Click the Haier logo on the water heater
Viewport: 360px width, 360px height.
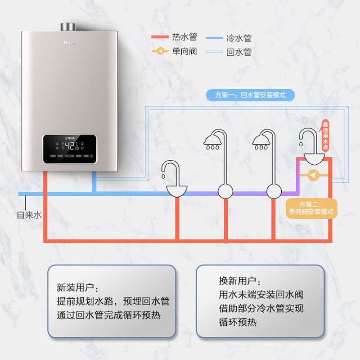point(68,44)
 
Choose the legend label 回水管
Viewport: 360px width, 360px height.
point(238,52)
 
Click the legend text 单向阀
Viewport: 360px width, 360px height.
point(184,51)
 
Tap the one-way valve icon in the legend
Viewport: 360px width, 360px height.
point(160,51)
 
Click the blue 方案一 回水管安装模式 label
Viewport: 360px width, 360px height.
point(250,95)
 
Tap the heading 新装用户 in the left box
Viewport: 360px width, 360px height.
point(77,287)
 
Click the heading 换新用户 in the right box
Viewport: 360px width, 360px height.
point(239,281)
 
